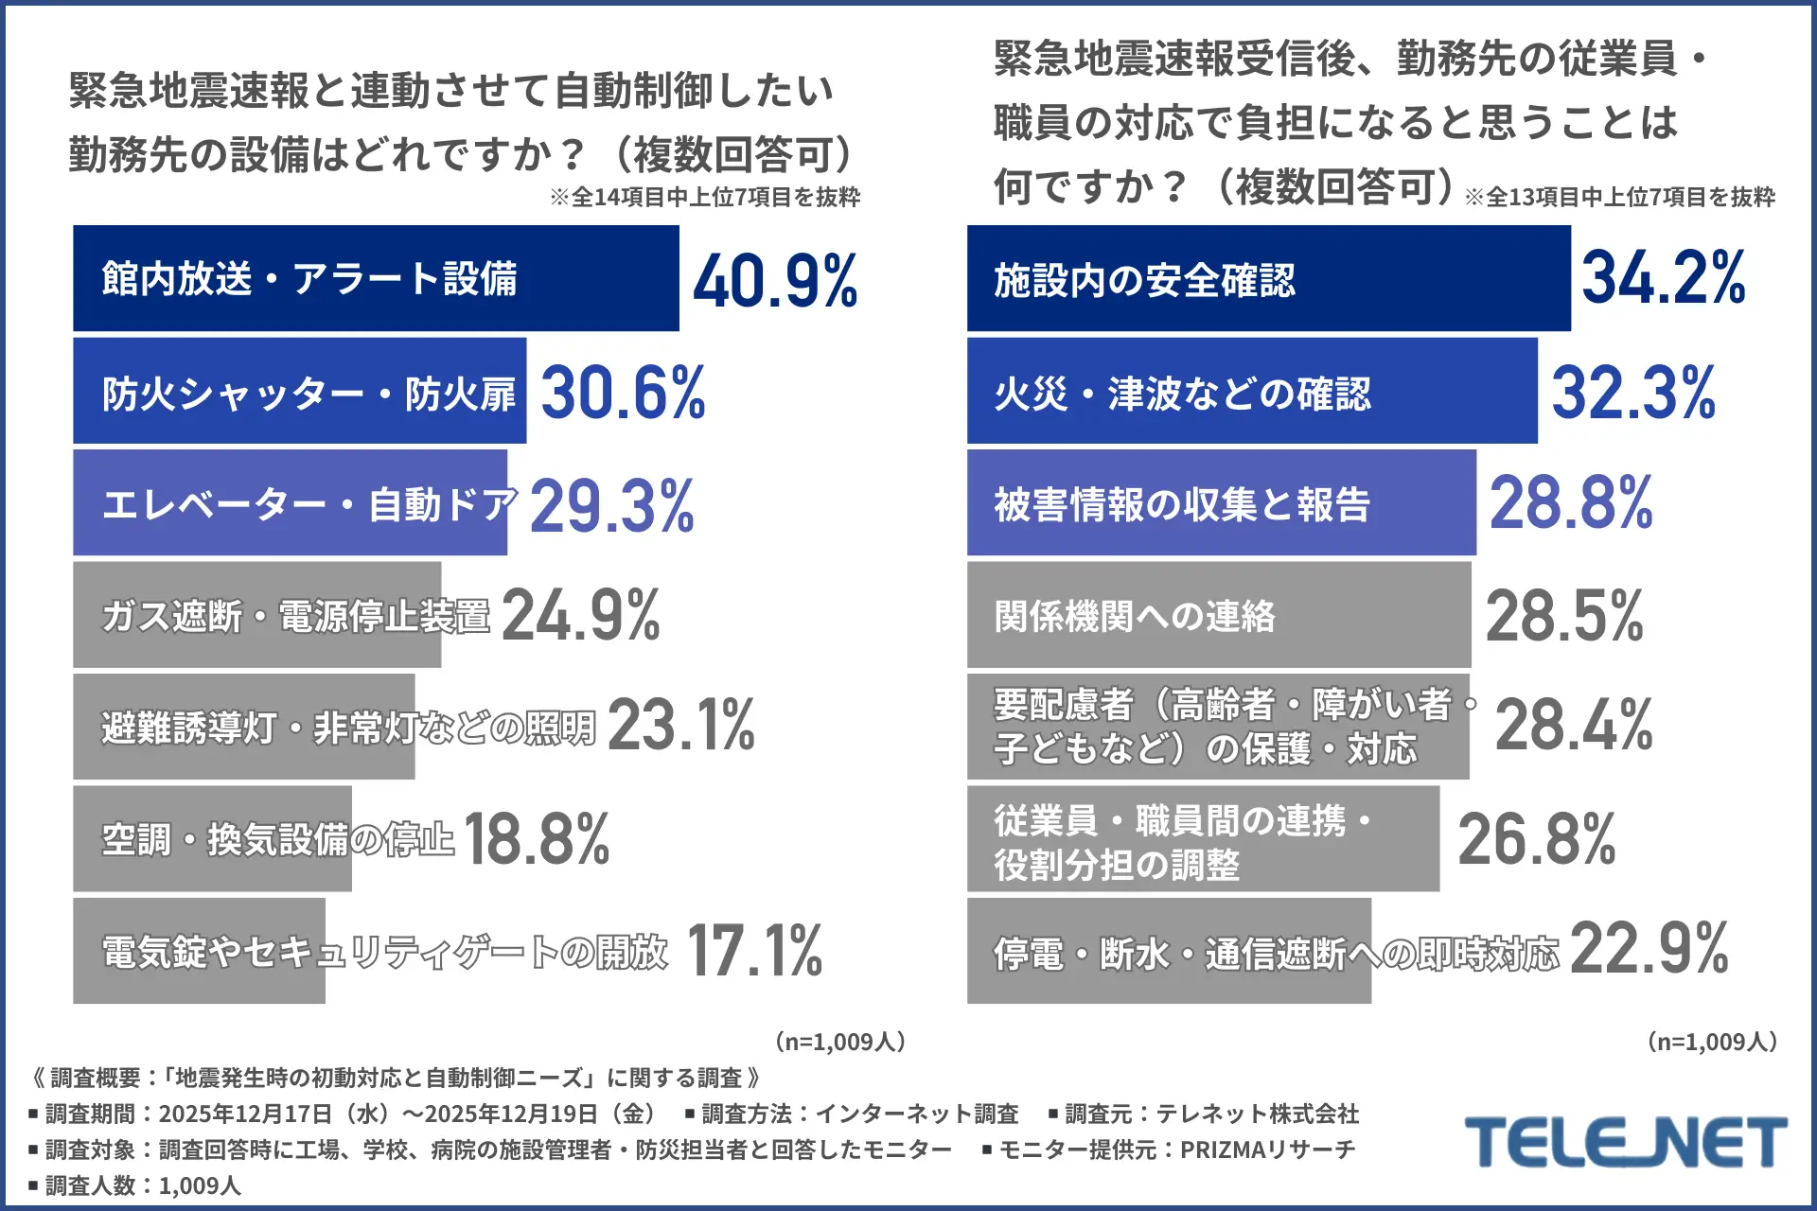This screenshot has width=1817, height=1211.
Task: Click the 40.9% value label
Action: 775,280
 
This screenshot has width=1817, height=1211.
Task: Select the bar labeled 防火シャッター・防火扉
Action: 299,392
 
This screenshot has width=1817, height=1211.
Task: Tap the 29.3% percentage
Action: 612,505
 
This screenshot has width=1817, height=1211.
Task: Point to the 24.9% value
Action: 580,616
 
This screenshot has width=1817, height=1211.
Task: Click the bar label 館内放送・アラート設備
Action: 309,279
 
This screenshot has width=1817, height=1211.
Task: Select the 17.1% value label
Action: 754,951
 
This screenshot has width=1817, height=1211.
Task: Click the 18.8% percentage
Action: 537,839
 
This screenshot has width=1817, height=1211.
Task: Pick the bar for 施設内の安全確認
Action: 1268,279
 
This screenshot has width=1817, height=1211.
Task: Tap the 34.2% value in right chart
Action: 1664,278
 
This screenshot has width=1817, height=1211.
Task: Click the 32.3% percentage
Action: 1633,392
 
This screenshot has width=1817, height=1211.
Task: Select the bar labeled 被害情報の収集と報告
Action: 1221,503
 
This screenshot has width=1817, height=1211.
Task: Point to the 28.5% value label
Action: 1564,616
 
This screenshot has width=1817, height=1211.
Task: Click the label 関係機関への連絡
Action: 1135,616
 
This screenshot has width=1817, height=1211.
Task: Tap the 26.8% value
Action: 1537,839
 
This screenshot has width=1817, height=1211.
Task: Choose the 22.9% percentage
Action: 1649,948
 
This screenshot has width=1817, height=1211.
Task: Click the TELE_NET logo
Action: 1625,1142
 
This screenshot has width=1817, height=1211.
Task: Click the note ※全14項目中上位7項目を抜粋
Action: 705,197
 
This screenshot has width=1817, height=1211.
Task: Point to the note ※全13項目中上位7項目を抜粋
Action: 1619,197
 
